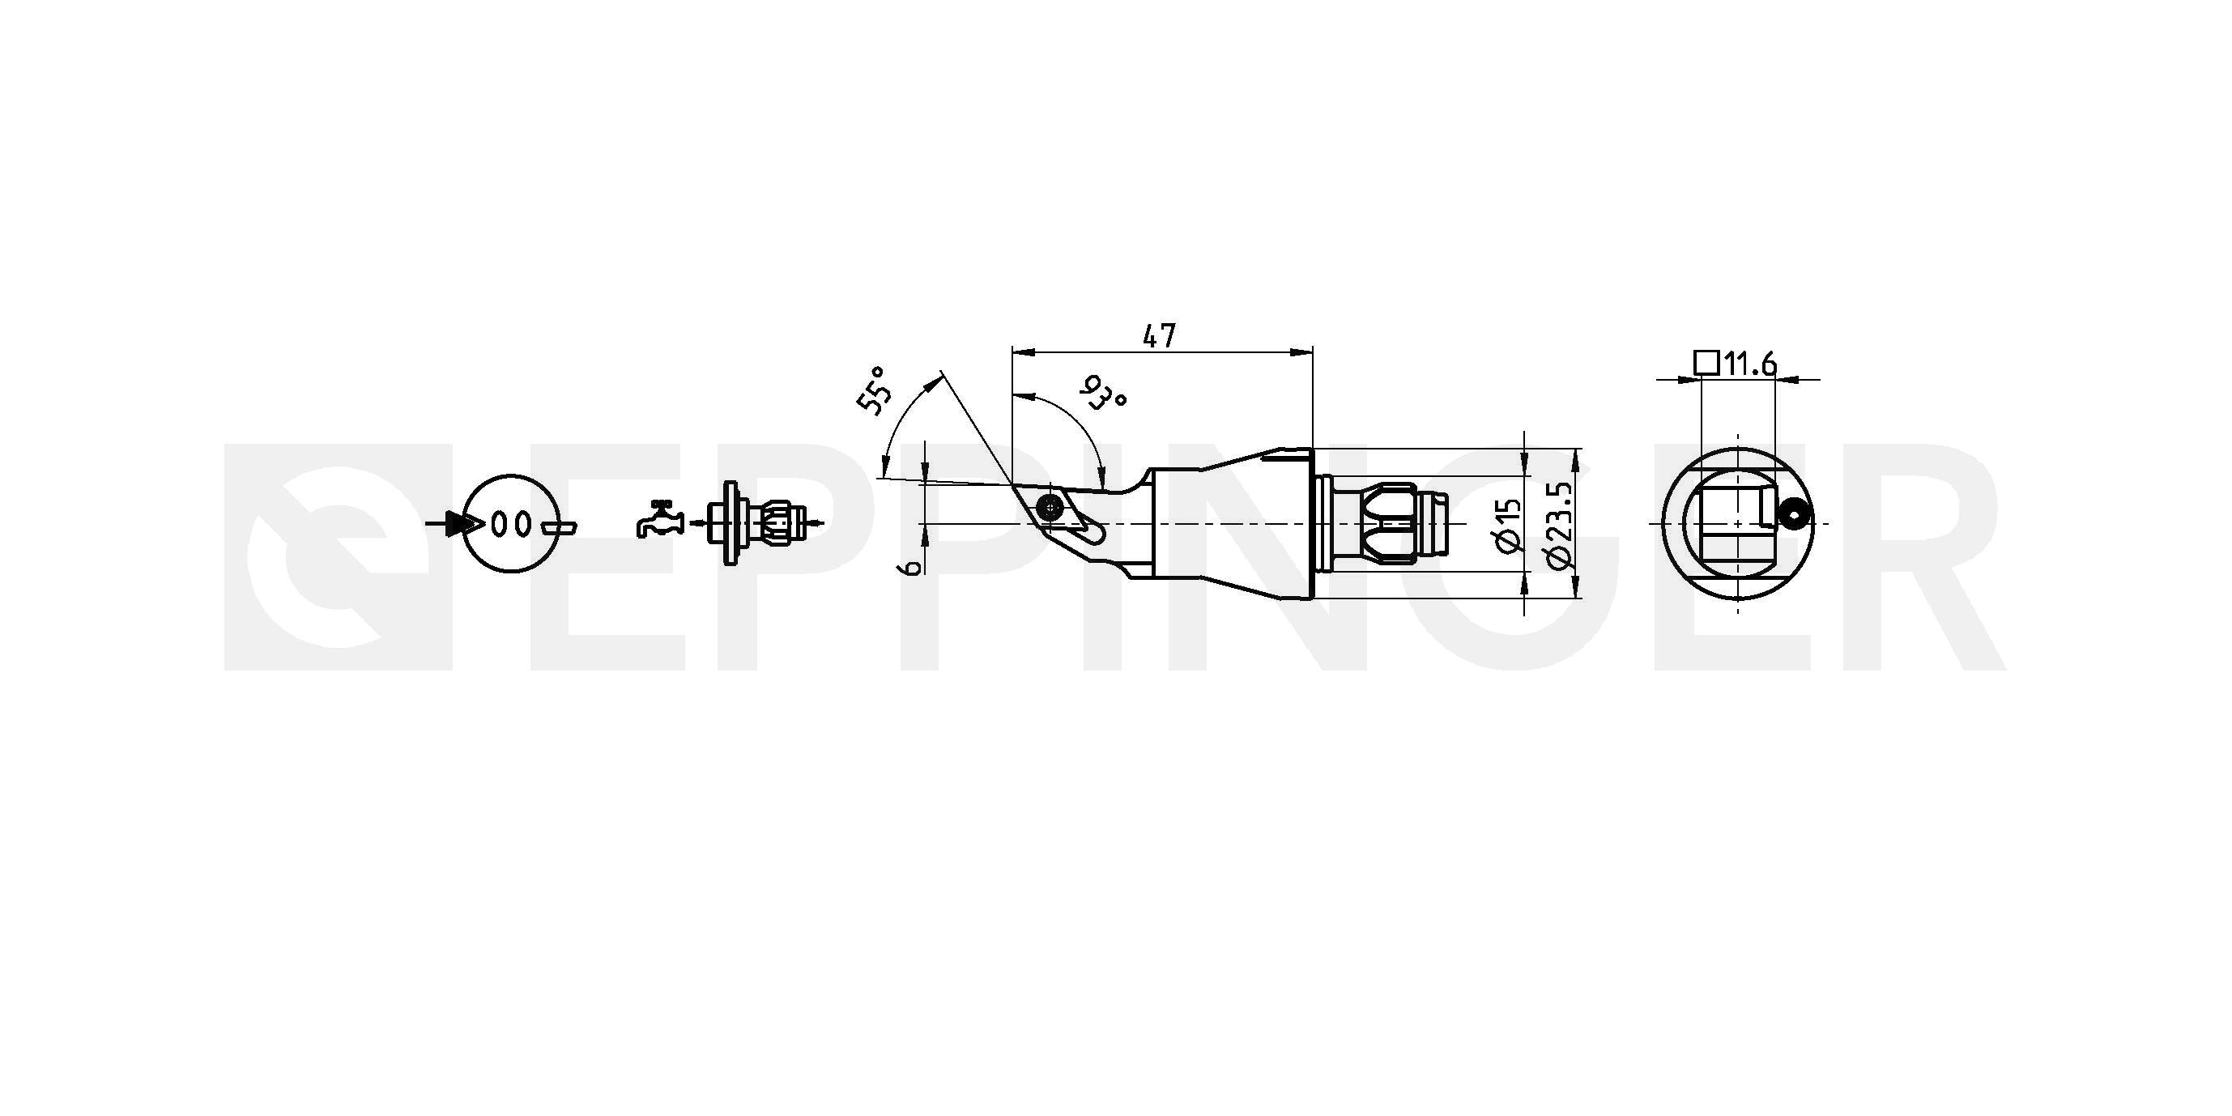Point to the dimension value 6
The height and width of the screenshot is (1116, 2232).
click(x=909, y=568)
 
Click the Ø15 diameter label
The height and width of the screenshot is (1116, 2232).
click(x=1509, y=525)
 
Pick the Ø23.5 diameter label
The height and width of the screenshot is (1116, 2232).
click(x=1558, y=526)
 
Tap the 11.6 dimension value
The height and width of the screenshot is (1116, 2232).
click(x=1749, y=364)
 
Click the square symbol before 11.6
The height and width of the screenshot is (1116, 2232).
click(x=1706, y=362)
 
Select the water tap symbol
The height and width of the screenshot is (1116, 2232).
click(x=660, y=519)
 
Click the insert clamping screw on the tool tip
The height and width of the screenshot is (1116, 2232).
click(x=1050, y=506)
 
